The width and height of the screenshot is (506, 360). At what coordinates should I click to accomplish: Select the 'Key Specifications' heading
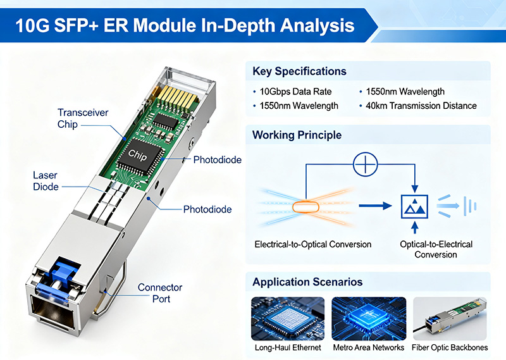click(299, 71)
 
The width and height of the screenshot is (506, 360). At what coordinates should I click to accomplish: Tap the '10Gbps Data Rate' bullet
click(295, 92)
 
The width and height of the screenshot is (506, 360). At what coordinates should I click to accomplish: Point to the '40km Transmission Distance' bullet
click(421, 106)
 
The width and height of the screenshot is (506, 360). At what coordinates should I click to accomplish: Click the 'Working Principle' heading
click(297, 135)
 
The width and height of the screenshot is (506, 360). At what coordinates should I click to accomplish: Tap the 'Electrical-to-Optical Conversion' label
click(312, 244)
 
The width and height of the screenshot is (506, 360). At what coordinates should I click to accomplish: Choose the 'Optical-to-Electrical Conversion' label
click(436, 249)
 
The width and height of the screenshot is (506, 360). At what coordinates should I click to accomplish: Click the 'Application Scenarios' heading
click(307, 282)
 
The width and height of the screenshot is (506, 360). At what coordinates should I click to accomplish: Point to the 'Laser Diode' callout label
click(46, 180)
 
